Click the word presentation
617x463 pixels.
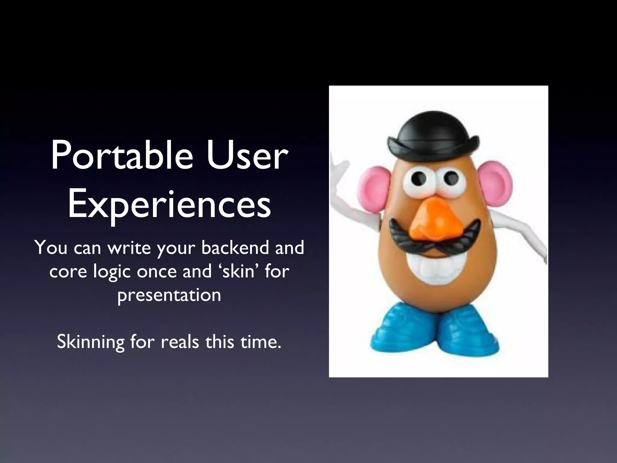(x=169, y=295)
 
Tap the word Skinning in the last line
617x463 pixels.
(x=90, y=342)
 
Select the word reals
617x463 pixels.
(x=180, y=342)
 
